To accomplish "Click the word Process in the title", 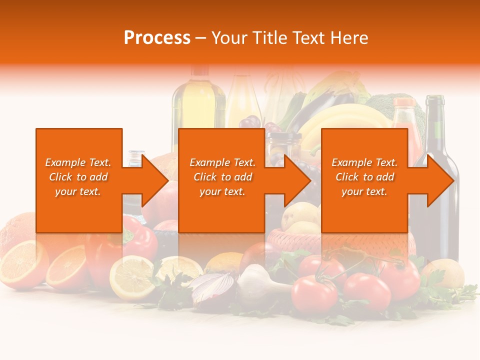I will click(x=157, y=38).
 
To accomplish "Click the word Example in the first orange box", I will click(x=64, y=162).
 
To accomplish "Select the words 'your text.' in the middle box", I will click(x=222, y=191).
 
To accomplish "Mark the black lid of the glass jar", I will click(x=283, y=136).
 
